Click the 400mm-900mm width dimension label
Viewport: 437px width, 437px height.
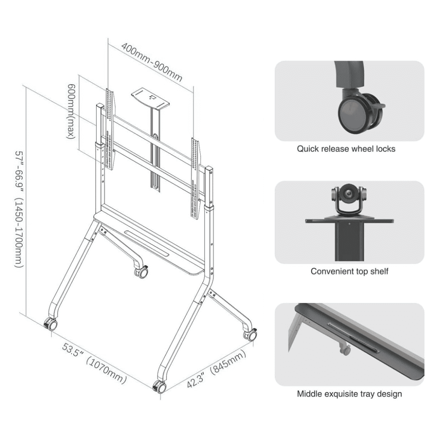[152, 62]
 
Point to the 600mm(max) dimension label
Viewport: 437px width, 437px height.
[71, 111]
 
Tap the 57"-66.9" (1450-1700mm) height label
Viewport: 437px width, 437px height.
[20, 210]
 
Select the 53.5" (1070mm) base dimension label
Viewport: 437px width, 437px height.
[94, 364]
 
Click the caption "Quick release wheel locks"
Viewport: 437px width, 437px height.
[346, 149]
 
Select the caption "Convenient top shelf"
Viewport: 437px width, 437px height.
[350, 271]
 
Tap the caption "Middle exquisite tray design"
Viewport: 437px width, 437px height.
[350, 394]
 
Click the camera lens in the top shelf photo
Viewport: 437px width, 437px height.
[348, 194]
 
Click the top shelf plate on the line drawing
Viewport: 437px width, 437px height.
[150, 99]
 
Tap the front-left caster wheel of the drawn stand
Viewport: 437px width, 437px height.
[51, 324]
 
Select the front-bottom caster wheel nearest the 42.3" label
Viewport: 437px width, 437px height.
[160, 387]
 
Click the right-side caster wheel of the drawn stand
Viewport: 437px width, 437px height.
[250, 334]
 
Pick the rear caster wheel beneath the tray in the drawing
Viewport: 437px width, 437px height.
[142, 271]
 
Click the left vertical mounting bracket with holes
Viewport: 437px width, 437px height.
[110, 129]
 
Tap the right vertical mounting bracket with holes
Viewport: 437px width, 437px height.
[195, 178]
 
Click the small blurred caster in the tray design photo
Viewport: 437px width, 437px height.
[345, 349]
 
